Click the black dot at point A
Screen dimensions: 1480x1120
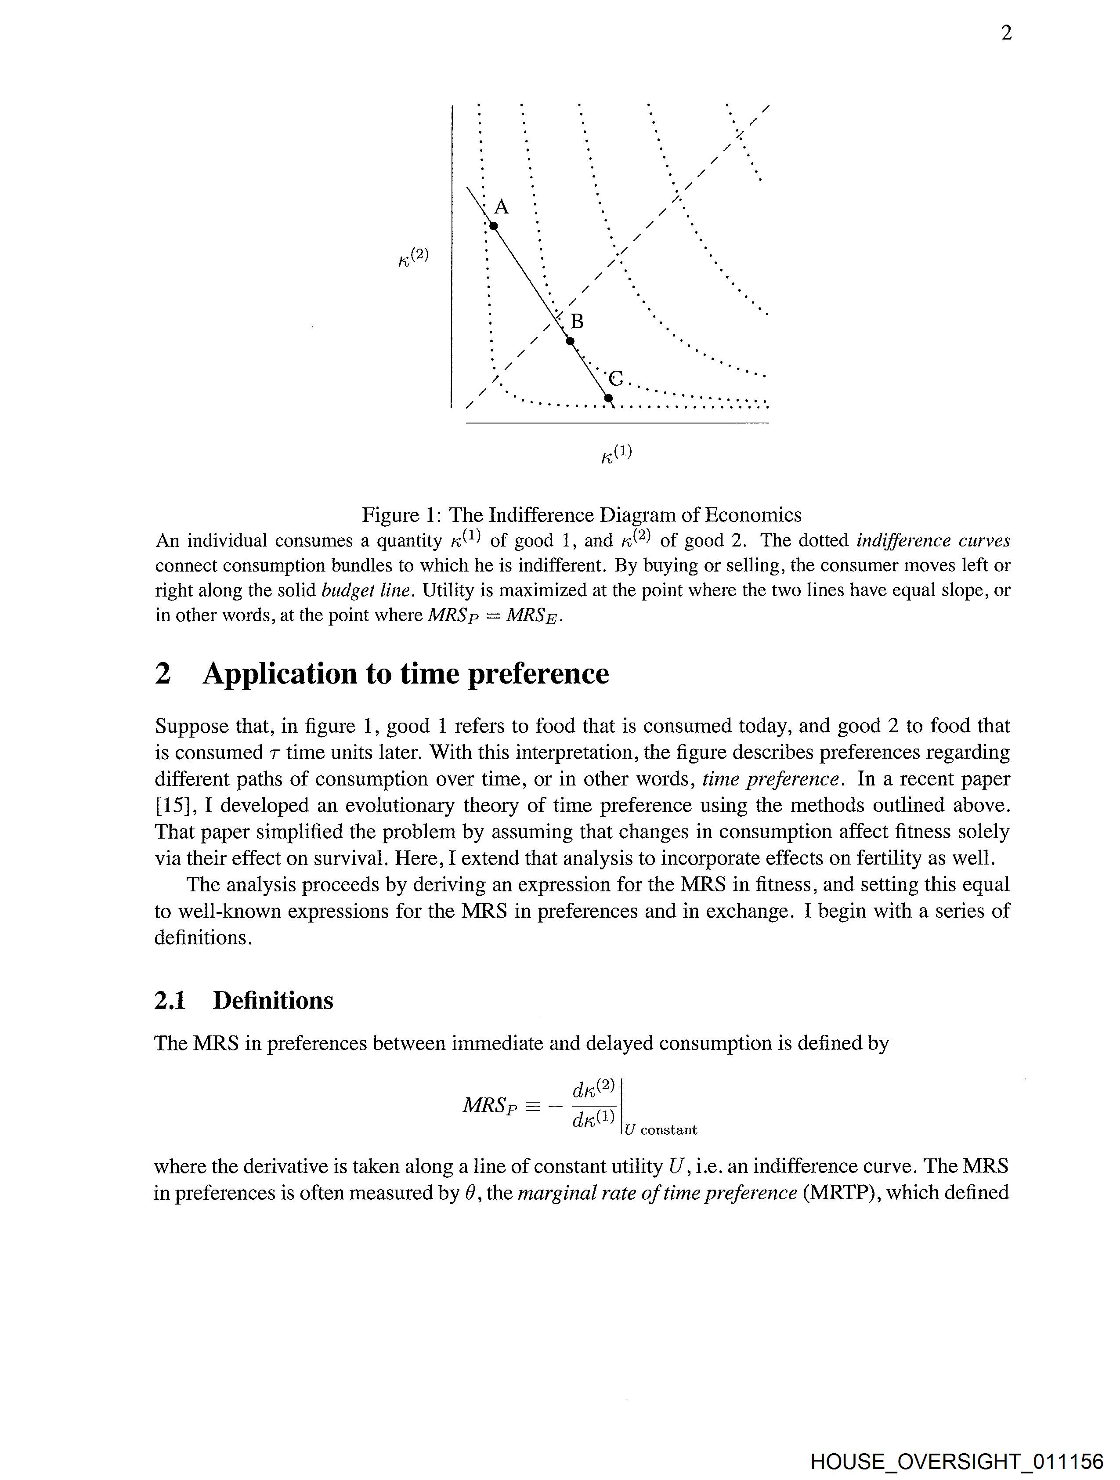click(x=494, y=226)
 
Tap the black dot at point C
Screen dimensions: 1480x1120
click(x=608, y=399)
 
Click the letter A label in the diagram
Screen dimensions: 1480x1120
click(x=501, y=207)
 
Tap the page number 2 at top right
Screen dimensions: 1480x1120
click(x=1006, y=33)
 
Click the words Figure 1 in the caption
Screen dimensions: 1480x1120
click(x=399, y=515)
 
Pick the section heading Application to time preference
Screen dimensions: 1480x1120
click(x=405, y=674)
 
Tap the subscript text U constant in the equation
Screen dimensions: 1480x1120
click(x=660, y=1130)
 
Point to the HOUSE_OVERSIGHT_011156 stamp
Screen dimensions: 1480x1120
click(x=956, y=1460)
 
